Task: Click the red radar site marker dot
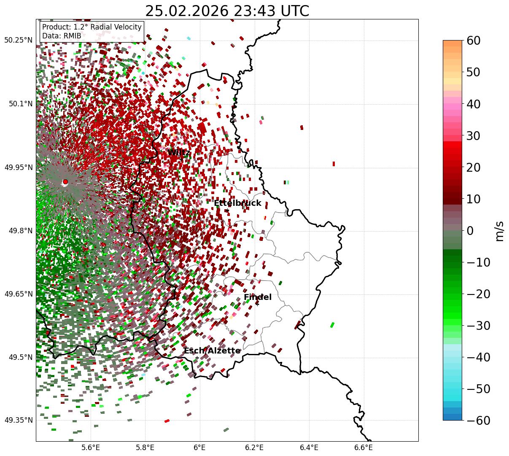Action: coord(65,182)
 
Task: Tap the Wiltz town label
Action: coord(179,153)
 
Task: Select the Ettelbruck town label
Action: coord(237,203)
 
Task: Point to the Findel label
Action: coord(257,297)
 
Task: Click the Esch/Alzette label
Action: coord(212,351)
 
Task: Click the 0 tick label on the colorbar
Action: coord(470,231)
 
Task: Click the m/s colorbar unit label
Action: coord(499,231)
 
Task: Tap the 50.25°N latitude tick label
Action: coord(18,40)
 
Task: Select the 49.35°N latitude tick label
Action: coord(18,420)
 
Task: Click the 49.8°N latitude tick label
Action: coord(20,231)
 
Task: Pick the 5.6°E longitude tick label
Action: coord(91,447)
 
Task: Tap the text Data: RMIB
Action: coord(62,36)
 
